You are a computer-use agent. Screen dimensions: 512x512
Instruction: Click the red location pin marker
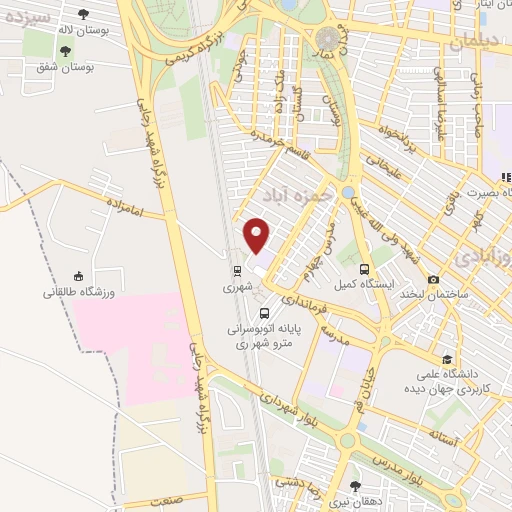pos(258,235)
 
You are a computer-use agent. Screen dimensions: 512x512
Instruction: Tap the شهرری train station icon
pos(237,270)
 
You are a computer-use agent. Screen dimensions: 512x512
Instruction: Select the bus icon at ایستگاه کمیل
pos(363,269)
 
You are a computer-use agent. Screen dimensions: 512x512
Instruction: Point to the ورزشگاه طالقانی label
pos(80,293)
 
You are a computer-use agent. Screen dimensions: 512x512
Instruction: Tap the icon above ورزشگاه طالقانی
pos(80,276)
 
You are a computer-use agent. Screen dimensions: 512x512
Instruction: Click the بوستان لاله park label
pos(79,32)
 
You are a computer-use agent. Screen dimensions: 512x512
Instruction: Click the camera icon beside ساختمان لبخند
pos(433,279)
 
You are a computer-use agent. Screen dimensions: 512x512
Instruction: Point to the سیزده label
pos(27,15)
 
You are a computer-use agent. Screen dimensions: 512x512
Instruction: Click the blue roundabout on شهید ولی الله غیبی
pos(347,191)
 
